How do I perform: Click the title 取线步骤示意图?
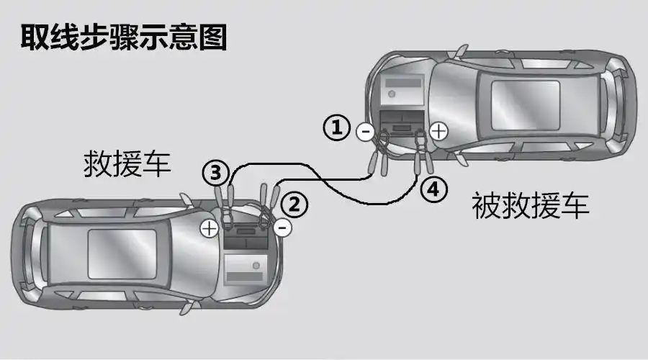click(124, 37)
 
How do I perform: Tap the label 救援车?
click(127, 163)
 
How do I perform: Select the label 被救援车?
click(530, 205)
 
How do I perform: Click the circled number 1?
click(337, 127)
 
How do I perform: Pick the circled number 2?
click(294, 205)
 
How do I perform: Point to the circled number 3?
click(216, 173)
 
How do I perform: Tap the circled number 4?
click(433, 189)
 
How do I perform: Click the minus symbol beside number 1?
click(365, 132)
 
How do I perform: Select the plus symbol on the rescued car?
click(438, 132)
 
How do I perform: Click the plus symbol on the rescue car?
click(210, 228)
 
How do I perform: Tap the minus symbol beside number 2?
click(283, 228)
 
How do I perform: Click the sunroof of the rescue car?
click(122, 254)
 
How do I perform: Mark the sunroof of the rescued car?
click(526, 105)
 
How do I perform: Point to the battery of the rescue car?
click(246, 237)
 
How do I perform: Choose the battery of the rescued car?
click(402, 122)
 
